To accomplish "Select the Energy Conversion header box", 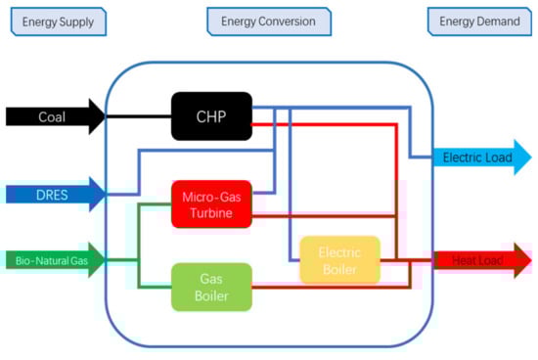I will coord(268,22).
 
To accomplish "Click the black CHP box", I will coord(211,115).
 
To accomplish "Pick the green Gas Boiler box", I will coord(211,287).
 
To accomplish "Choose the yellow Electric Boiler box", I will coord(338,259).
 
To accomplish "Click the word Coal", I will coord(52,116).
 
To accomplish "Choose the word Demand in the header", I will coord(500,22).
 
